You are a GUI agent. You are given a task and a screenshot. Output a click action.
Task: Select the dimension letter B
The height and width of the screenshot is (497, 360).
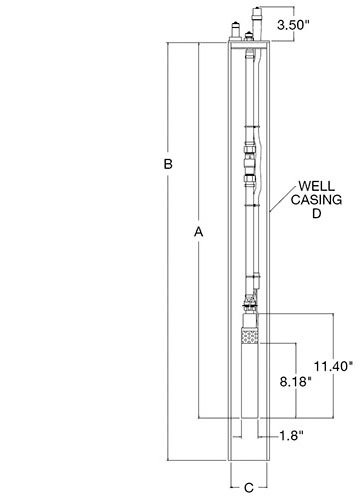pos(168,164)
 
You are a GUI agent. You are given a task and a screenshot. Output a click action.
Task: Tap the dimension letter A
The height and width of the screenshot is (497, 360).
pos(199,232)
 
